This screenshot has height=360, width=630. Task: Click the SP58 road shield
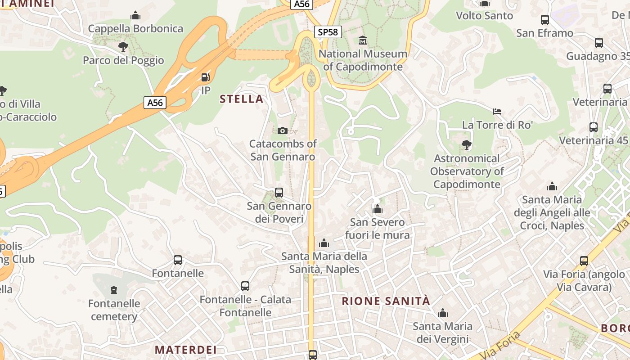[x=328, y=32]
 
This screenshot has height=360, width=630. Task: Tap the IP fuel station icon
[x=205, y=77]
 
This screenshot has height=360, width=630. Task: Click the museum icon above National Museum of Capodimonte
[x=363, y=40]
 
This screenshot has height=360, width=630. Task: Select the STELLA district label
[x=241, y=99]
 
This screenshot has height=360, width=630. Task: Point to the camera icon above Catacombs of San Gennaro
[x=283, y=130]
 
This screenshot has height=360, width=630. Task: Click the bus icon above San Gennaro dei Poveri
[x=279, y=193]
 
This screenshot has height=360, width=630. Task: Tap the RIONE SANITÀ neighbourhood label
[x=386, y=301]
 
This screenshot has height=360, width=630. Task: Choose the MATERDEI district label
[x=186, y=350]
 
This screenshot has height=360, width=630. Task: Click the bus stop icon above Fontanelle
[x=178, y=260]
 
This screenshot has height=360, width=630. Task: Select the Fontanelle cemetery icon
[x=114, y=290]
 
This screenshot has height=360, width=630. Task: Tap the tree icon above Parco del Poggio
[x=123, y=46]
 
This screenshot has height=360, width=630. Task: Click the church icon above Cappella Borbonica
[x=135, y=16]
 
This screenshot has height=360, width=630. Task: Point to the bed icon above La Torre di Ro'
[x=497, y=111]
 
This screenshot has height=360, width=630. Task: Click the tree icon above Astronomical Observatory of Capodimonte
[x=467, y=144]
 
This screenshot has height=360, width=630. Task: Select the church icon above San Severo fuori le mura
[x=378, y=209]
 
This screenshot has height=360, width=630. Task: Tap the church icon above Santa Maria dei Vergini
[x=443, y=313]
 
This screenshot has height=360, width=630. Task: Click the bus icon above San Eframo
[x=545, y=19]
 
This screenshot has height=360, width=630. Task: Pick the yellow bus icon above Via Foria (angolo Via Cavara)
[x=584, y=261]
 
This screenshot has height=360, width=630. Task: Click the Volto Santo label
[x=484, y=16]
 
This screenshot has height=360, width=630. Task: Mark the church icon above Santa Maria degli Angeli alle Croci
[x=552, y=186]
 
